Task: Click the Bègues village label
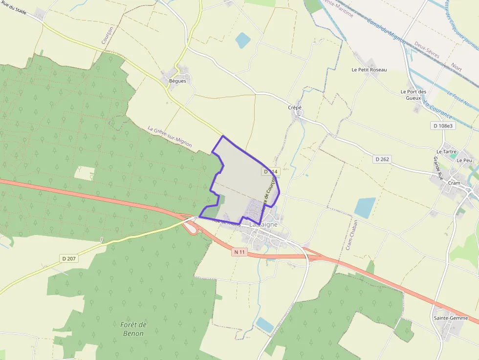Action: coord(177,81)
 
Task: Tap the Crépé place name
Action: coord(295,107)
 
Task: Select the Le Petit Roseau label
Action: coord(369,70)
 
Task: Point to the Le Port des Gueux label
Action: coord(414,95)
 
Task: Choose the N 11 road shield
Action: coord(239,252)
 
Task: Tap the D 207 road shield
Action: coord(69,258)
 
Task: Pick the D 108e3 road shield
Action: coord(443,126)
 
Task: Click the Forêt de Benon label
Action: coord(133,329)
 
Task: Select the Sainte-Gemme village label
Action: coord(451,318)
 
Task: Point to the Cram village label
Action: coord(454,184)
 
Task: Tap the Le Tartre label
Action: coord(446,151)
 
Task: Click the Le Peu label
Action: coord(464,160)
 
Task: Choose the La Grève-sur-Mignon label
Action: coord(170,137)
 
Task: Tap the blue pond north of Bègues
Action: coord(243,40)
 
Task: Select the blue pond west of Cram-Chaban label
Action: coord(365,208)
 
